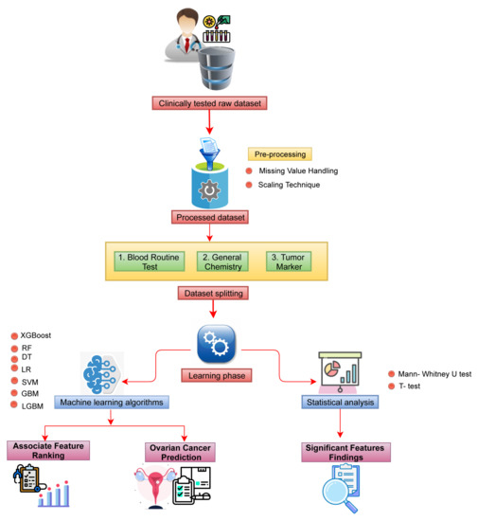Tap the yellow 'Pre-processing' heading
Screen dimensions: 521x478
coord(279,153)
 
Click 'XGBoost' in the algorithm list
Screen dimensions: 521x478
coord(36,335)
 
